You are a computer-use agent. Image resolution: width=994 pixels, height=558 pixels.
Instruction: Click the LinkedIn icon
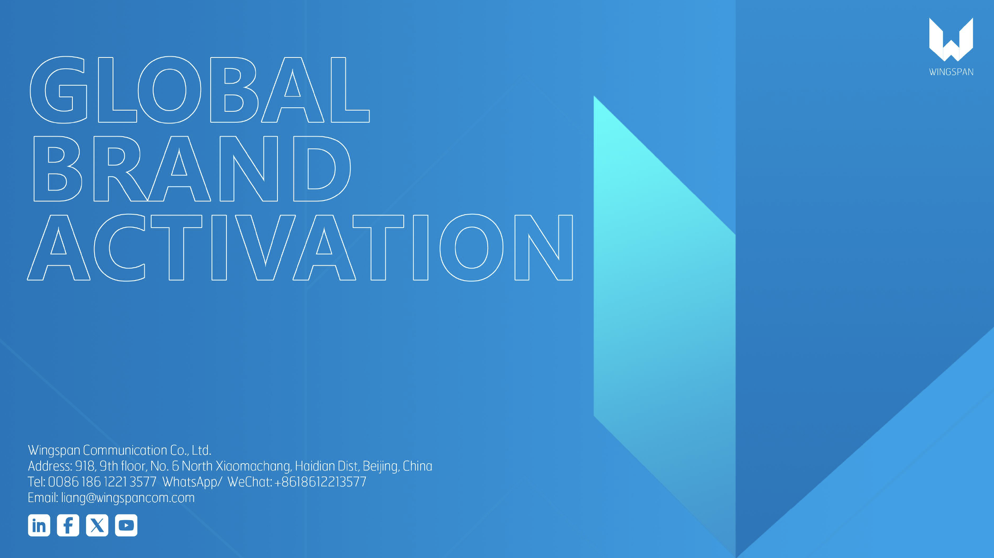(x=39, y=525)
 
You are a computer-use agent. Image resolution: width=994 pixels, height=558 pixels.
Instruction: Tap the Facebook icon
(x=68, y=525)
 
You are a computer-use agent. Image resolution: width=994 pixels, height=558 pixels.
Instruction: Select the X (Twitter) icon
(x=97, y=525)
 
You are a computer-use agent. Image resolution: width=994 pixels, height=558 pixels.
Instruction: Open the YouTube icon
(x=126, y=525)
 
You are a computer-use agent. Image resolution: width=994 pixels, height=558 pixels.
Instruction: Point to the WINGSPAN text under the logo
(x=951, y=72)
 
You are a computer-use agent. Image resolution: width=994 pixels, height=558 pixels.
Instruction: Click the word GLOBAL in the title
(x=199, y=90)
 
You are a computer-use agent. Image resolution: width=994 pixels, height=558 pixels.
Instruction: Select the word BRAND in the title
(x=192, y=168)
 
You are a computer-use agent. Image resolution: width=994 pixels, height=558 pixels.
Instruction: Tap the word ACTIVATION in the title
(x=300, y=247)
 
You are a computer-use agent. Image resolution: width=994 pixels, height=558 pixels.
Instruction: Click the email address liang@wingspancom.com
(x=128, y=498)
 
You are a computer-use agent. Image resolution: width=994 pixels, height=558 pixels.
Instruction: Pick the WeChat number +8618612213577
(x=320, y=482)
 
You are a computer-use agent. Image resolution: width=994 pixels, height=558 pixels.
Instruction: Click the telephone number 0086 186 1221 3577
(x=102, y=482)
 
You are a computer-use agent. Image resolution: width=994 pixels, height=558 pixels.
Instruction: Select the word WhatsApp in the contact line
(x=190, y=482)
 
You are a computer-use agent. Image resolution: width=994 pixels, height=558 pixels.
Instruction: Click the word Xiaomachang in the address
(x=253, y=466)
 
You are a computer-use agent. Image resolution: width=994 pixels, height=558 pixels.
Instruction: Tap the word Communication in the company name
(x=125, y=450)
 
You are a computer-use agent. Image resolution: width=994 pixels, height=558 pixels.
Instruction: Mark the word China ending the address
(x=417, y=466)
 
